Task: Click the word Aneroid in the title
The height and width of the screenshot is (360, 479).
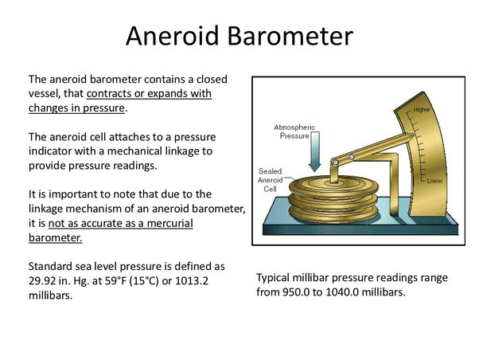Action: click(173, 36)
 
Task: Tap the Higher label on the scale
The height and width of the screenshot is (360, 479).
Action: click(422, 109)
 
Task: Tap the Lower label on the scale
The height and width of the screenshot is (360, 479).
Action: click(434, 181)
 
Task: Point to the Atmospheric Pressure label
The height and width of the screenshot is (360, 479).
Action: click(294, 131)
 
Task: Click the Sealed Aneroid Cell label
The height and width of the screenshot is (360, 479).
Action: click(270, 180)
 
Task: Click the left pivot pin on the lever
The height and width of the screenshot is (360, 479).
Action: click(336, 162)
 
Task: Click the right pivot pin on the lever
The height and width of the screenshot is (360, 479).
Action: click(352, 157)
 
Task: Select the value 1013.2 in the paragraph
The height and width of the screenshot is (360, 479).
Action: click(191, 281)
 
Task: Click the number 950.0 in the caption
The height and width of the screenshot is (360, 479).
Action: click(296, 292)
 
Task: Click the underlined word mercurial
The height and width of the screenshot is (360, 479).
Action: click(169, 223)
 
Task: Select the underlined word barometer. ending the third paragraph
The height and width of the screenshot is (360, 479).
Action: click(55, 237)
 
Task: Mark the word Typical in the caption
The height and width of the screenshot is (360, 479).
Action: click(272, 278)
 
